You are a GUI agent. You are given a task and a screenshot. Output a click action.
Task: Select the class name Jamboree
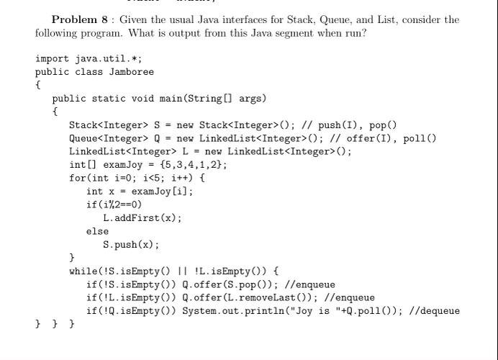131,72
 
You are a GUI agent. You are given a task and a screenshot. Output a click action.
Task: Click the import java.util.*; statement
89,58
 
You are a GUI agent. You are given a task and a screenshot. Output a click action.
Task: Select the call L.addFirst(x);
142,218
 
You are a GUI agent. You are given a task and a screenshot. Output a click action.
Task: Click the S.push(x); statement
131,245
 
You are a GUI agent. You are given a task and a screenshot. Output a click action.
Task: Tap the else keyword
97,232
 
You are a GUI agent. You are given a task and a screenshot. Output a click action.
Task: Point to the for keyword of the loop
77,178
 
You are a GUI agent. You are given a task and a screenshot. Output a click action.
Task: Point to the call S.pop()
250,284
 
